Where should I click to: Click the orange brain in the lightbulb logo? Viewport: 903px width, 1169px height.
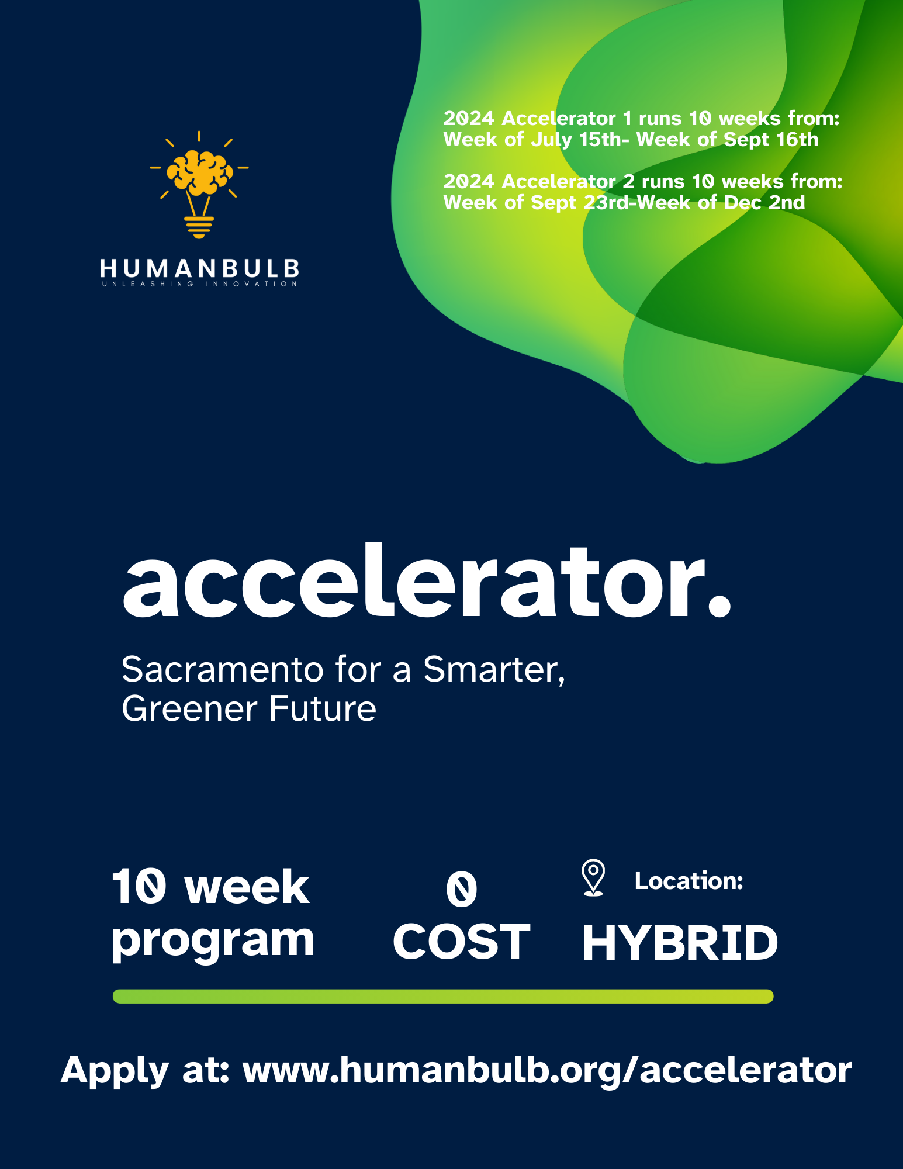pos(199,172)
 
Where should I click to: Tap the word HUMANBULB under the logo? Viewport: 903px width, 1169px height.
pos(199,269)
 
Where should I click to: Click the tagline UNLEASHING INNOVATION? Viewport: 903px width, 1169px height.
pos(199,284)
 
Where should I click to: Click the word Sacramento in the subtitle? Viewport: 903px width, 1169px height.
pos(222,669)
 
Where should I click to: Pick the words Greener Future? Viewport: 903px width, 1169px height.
pos(248,709)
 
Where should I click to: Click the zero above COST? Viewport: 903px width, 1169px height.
pos(461,889)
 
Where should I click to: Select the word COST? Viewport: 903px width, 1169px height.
pos(461,942)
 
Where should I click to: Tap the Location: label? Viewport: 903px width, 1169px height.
pos(689,881)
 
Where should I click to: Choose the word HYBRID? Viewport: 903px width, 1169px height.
pos(680,943)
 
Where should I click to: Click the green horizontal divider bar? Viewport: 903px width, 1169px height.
pos(442,997)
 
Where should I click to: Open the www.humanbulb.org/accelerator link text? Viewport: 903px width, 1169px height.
pos(546,1070)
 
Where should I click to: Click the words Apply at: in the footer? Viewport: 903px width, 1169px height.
pos(145,1070)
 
